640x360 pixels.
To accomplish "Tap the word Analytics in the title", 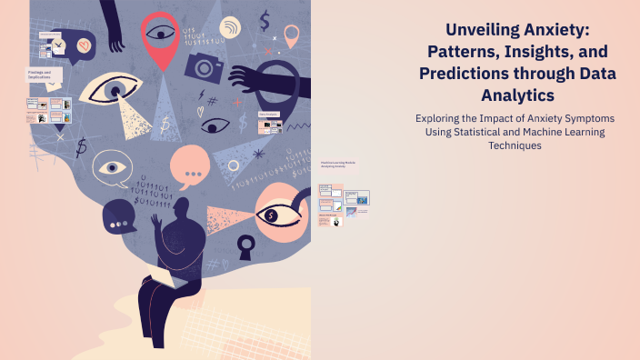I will (519, 95).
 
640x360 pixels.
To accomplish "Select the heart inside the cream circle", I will (85, 44).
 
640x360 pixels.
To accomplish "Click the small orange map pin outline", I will (291, 35).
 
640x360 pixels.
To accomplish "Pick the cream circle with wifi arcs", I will (231, 27).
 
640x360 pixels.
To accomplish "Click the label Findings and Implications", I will (40, 75).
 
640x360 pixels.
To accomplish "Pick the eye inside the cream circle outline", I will (112, 168).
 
